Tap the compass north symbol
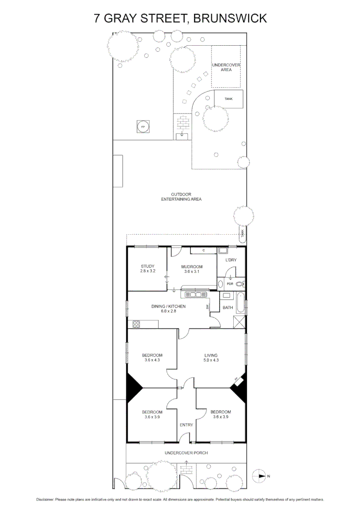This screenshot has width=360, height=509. click(x=260, y=476)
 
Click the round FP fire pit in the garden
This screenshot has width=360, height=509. click(x=143, y=127)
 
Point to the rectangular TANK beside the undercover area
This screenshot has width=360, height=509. click(x=229, y=99)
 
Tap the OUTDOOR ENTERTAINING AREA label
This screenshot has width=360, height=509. click(x=181, y=197)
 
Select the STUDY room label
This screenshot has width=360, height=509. click(x=147, y=269)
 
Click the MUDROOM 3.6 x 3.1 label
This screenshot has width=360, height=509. click(x=192, y=269)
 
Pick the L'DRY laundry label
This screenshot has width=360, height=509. click(x=231, y=260)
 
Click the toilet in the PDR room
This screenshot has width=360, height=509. click(x=240, y=284)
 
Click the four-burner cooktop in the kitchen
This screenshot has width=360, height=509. click(x=137, y=324)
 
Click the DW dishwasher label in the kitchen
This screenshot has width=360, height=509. click(x=207, y=307)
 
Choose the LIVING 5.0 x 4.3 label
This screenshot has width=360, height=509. click(x=212, y=358)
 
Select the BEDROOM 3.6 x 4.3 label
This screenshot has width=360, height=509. click(x=152, y=358)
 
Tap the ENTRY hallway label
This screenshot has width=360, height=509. click(x=186, y=425)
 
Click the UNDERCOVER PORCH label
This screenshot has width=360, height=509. click(x=186, y=452)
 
